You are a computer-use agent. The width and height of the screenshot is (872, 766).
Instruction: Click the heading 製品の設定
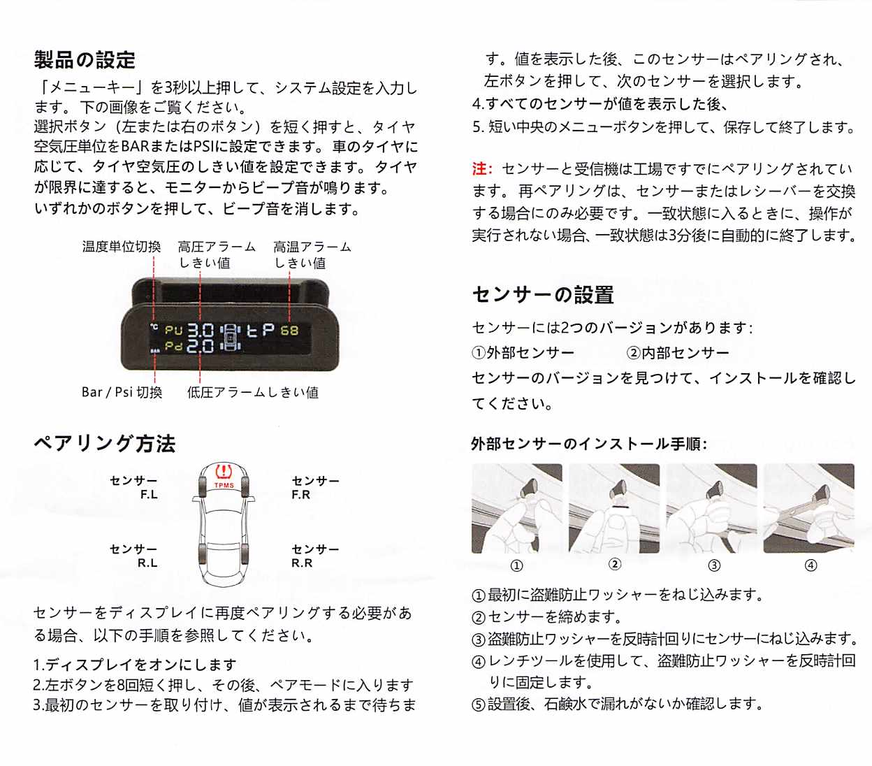point(85,60)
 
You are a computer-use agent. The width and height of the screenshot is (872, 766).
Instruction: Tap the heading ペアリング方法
point(105,444)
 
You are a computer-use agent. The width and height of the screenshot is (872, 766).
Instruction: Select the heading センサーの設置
point(543,295)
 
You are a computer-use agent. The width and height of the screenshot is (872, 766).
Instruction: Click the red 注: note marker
point(482,169)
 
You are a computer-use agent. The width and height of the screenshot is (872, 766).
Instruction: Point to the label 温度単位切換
point(122,247)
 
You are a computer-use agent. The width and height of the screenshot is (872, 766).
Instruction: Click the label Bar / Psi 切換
point(122,392)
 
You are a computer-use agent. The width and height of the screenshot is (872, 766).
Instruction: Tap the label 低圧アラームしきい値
point(253,392)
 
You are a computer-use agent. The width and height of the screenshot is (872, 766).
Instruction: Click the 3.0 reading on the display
point(201,331)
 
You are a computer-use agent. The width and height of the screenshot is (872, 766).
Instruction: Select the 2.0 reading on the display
point(201,346)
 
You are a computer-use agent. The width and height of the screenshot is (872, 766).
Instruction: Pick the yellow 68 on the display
point(289,331)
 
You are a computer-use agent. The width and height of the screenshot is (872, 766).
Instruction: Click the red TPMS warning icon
point(224,472)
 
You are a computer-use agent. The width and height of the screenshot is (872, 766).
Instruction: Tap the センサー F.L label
point(134,487)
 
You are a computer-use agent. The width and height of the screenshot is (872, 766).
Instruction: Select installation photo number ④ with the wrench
point(808,508)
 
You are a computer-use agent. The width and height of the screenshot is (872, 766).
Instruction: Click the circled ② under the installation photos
point(615,564)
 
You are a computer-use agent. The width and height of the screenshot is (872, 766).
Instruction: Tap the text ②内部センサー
point(678,353)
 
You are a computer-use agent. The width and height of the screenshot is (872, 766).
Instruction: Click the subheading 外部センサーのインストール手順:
point(589,444)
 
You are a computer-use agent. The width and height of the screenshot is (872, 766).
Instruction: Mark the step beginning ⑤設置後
point(618,704)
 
